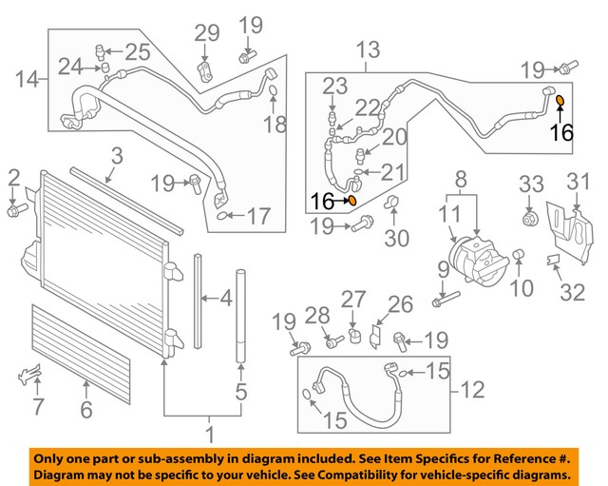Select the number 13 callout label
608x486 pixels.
tap(367, 49)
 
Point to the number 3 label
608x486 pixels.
tap(115, 155)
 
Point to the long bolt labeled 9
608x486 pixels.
tap(442, 301)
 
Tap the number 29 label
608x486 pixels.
tap(206, 33)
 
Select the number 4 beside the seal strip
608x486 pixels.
tap(225, 300)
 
